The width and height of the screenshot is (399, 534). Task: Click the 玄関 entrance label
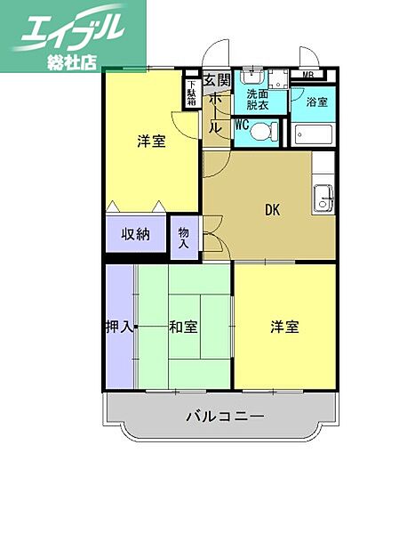216,82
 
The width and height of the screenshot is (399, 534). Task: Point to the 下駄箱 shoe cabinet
191,93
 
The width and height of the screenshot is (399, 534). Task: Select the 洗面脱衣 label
258,99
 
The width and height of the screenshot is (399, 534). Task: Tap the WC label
242,125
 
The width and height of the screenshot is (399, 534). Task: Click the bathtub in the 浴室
313,136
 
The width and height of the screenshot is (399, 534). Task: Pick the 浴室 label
315,101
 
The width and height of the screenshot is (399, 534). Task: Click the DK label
273,210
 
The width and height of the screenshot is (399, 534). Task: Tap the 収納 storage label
136,235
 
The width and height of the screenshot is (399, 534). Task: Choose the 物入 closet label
185,237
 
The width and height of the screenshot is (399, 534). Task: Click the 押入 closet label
120,327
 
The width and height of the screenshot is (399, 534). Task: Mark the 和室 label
183,327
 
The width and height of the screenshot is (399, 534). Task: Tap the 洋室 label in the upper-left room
151,142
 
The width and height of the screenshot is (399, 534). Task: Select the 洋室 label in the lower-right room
284,327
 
